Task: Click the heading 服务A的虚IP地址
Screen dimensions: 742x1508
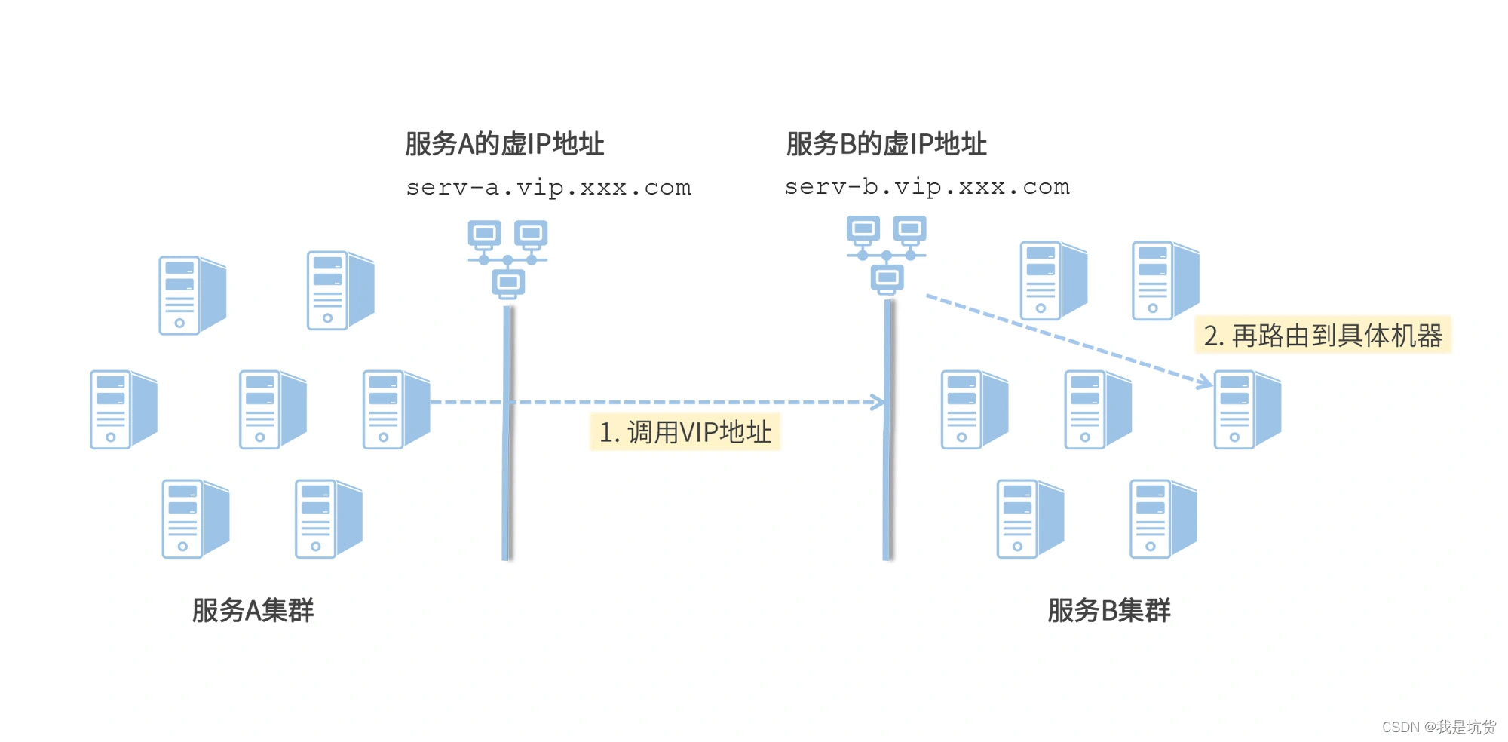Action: click(504, 143)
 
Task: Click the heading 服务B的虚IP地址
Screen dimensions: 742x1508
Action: click(886, 143)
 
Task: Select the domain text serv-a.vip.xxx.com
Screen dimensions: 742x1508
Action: click(548, 187)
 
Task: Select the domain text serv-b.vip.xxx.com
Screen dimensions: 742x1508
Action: click(927, 186)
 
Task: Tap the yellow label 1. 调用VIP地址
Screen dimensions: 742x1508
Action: click(685, 432)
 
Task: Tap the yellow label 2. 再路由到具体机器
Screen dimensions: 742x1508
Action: click(1323, 335)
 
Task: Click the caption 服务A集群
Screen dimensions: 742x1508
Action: click(253, 610)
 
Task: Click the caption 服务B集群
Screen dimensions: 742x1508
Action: click(1108, 610)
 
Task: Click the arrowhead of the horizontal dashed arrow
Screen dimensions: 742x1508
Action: click(879, 402)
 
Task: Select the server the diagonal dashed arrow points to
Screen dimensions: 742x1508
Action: click(1246, 409)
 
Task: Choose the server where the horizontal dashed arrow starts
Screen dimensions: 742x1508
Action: click(395, 409)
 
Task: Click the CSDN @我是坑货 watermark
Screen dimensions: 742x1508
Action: click(1438, 726)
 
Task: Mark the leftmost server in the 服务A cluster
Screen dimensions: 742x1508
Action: click(122, 409)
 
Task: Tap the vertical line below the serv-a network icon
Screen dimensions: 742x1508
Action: click(507, 452)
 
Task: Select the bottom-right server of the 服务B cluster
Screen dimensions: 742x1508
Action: click(1162, 519)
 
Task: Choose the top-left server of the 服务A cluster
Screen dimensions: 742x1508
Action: click(192, 295)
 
